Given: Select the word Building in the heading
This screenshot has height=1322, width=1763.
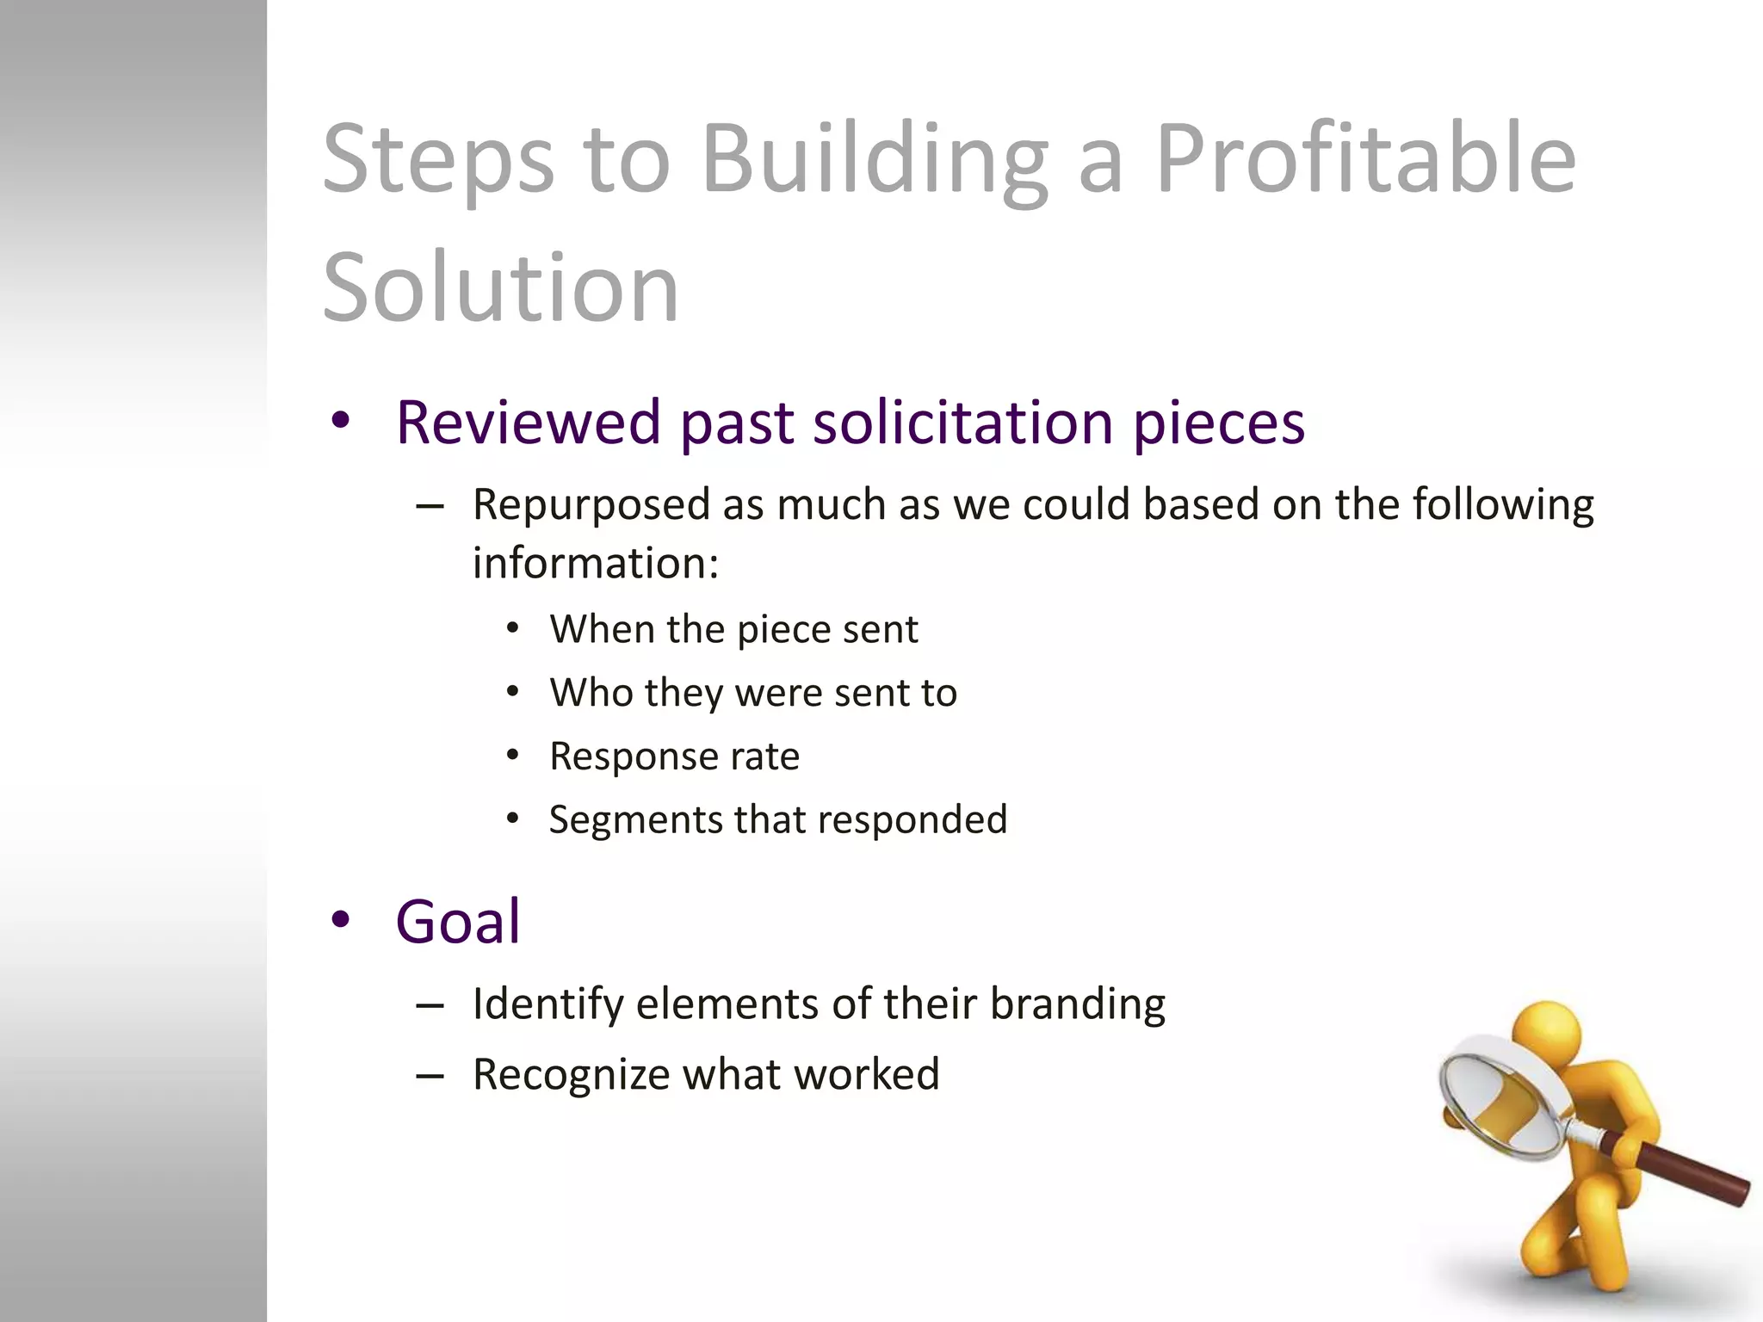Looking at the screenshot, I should click(875, 159).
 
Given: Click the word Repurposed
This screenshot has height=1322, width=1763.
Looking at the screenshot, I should click(591, 505).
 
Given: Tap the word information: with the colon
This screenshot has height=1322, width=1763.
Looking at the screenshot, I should click(595, 564).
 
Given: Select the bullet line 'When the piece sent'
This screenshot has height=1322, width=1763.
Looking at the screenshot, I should click(733, 629).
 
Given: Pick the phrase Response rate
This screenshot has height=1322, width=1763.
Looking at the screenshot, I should click(674, 757).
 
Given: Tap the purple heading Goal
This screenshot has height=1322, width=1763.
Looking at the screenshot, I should click(457, 922).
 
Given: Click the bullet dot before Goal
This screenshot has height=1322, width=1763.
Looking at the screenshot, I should click(341, 919).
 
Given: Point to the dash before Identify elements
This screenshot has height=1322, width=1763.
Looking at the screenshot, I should click(430, 1005).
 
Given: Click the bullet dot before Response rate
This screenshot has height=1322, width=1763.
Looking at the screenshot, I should click(513, 756).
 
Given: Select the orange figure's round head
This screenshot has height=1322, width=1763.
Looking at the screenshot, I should click(1547, 1032).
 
